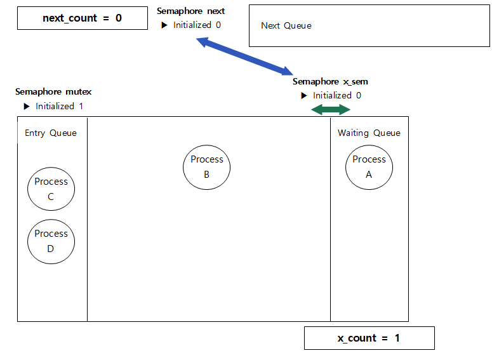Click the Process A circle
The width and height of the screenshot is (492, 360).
(x=369, y=168)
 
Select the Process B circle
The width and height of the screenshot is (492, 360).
(x=206, y=168)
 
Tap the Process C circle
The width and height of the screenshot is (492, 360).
(x=51, y=189)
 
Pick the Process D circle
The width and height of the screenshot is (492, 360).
(x=51, y=241)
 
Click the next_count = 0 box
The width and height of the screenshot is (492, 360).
(x=82, y=18)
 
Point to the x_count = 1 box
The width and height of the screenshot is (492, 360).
(x=369, y=338)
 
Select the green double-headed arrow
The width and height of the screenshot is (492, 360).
(x=331, y=110)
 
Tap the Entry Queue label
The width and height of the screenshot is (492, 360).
(x=51, y=133)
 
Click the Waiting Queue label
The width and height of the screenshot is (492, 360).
(x=369, y=133)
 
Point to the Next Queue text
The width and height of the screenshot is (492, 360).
(x=286, y=25)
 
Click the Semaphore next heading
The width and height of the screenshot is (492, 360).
(x=191, y=11)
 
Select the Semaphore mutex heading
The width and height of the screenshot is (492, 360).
(x=53, y=92)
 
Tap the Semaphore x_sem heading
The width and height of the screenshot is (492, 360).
(x=330, y=81)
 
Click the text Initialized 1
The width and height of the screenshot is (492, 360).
(x=59, y=106)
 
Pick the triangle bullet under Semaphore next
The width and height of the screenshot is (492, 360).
(x=164, y=25)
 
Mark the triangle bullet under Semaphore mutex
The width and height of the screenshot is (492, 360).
(x=26, y=106)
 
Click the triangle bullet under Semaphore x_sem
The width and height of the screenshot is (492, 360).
(x=304, y=96)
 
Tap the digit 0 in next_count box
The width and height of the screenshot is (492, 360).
(x=118, y=18)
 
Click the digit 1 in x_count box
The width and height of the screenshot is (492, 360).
(x=397, y=338)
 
